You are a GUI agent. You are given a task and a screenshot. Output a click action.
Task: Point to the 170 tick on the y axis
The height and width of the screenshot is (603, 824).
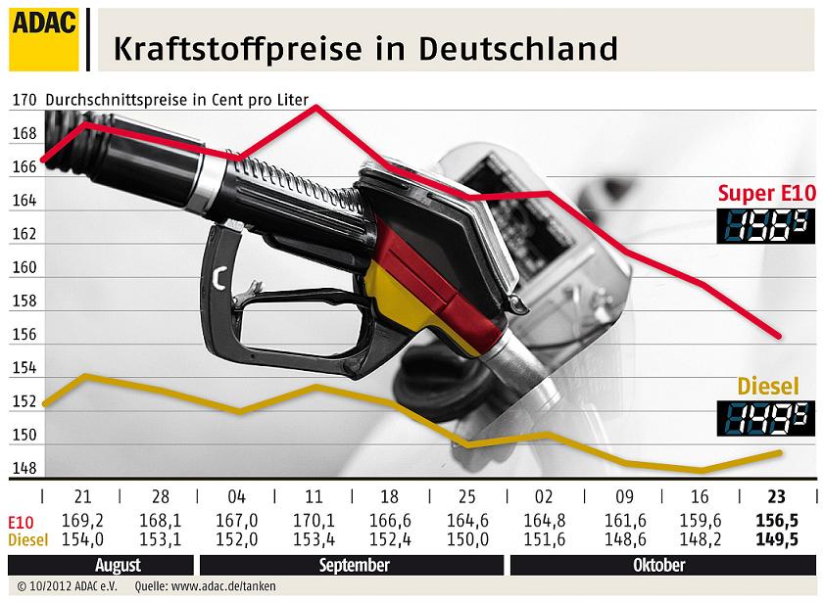click(24, 100)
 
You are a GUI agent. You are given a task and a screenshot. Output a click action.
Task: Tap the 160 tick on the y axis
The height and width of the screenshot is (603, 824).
click(24, 267)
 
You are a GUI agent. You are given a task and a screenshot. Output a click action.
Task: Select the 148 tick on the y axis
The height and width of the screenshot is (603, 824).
click(24, 468)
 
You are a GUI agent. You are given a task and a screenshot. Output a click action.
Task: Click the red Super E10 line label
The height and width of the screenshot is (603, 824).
click(766, 192)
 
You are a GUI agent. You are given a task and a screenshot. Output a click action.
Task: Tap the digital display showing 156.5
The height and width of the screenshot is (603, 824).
click(766, 224)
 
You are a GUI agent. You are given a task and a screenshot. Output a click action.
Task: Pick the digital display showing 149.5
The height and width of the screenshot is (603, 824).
click(766, 419)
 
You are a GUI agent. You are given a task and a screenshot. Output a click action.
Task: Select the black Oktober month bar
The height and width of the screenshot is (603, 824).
click(658, 565)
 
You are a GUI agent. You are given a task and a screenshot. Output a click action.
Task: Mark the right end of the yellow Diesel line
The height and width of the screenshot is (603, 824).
click(781, 451)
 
